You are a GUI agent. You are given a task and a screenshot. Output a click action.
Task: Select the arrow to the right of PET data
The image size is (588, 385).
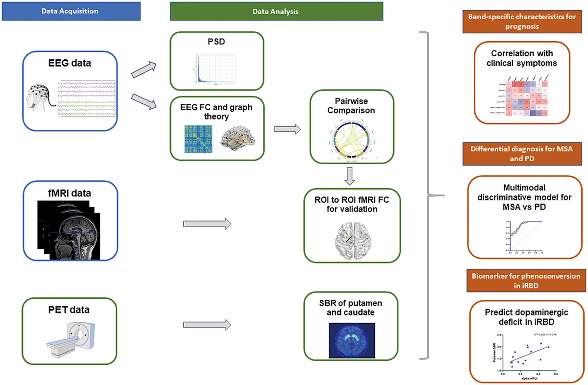(206, 324)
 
